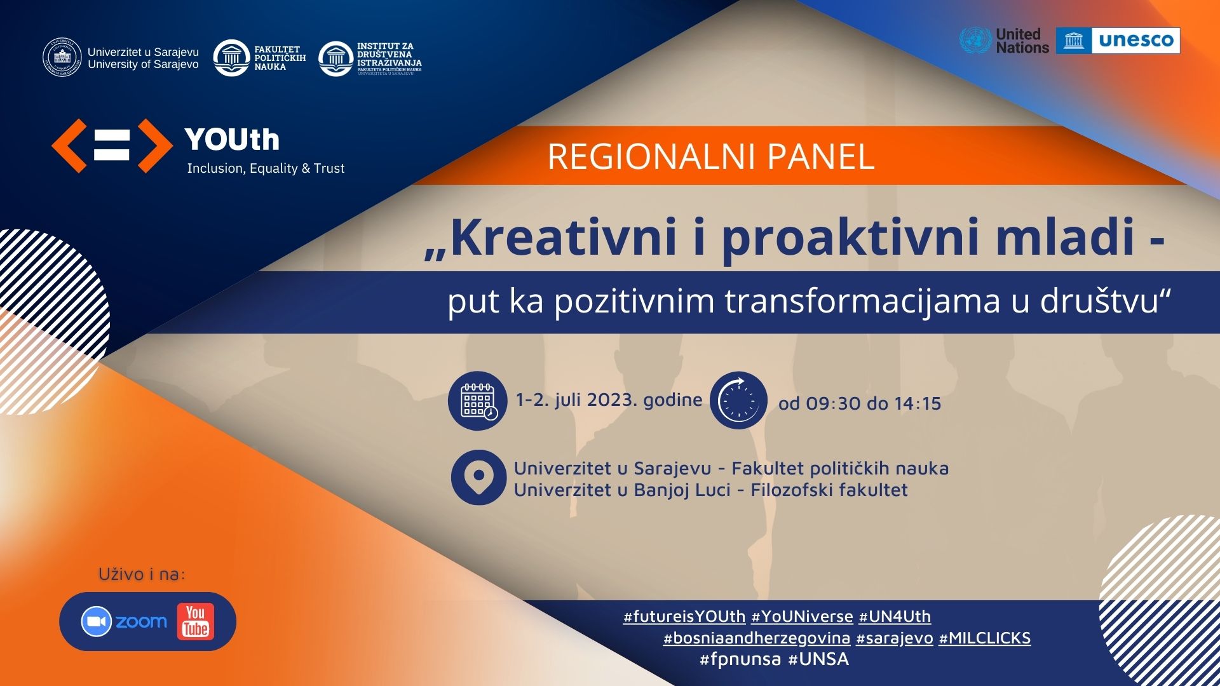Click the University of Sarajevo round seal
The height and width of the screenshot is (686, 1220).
coord(62,58)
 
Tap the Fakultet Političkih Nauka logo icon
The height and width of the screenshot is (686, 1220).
coord(231,58)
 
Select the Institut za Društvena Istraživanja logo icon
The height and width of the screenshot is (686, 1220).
coord(335,59)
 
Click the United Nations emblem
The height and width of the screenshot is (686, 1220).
coord(975,41)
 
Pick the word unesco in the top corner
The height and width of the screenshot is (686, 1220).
coord(1136,41)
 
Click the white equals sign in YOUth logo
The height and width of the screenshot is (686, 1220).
coord(112,145)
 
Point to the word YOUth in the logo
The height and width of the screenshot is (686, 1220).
coord(232,140)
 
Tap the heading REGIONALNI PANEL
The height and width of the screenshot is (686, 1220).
coord(711,156)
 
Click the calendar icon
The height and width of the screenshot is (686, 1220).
coord(478,401)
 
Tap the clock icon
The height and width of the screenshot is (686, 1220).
coord(738,401)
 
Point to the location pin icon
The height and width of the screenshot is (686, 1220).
coord(478,477)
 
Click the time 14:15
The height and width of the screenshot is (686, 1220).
coord(918,403)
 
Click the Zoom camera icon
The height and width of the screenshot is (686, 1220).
coord(97,622)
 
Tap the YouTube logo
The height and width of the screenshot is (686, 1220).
coord(196,621)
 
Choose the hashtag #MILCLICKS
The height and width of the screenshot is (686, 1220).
coord(985,638)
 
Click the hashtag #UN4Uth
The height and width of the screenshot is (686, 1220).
coord(895,616)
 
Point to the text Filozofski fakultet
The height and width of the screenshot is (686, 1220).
coord(829,490)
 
